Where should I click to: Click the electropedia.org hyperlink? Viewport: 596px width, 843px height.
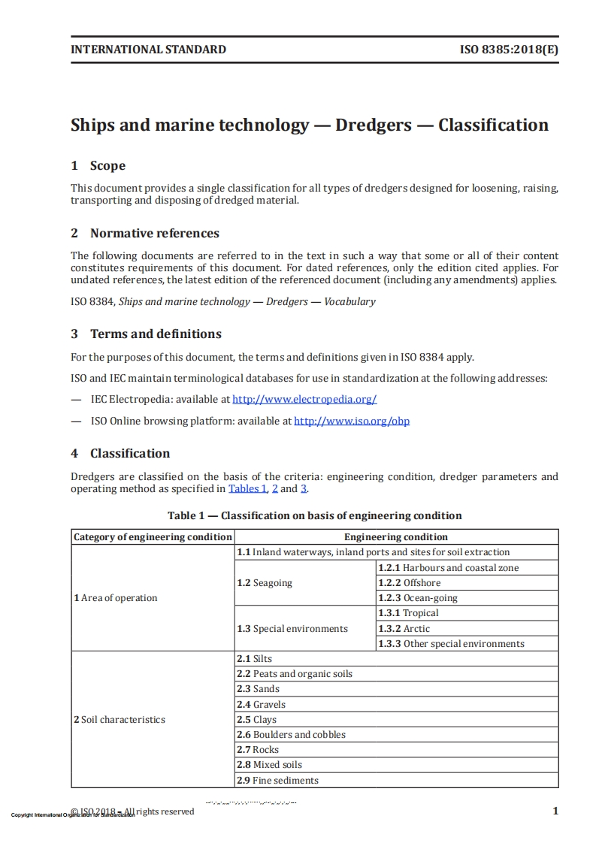[x=304, y=400]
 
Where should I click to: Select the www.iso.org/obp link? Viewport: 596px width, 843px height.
[x=352, y=421]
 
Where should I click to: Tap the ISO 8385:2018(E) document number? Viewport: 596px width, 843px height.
[x=509, y=50]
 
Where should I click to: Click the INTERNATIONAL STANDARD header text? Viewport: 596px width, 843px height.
[x=148, y=50]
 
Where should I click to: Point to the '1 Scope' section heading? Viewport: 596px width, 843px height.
[x=98, y=166]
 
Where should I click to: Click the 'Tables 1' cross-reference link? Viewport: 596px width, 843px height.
[x=247, y=488]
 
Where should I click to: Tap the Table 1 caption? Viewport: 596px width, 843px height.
[x=314, y=515]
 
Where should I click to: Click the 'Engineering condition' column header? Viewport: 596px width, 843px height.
[x=396, y=537]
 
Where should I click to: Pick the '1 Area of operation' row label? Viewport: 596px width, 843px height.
[x=116, y=598]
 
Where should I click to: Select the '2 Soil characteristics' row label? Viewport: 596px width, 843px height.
[x=120, y=720]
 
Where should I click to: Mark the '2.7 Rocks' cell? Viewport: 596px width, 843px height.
[x=258, y=750]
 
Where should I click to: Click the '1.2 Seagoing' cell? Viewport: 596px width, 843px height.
[x=265, y=583]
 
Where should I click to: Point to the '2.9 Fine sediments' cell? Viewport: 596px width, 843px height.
[x=278, y=781]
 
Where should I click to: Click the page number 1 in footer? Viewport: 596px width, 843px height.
[x=555, y=811]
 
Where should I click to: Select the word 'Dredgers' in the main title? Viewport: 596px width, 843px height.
[x=373, y=125]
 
